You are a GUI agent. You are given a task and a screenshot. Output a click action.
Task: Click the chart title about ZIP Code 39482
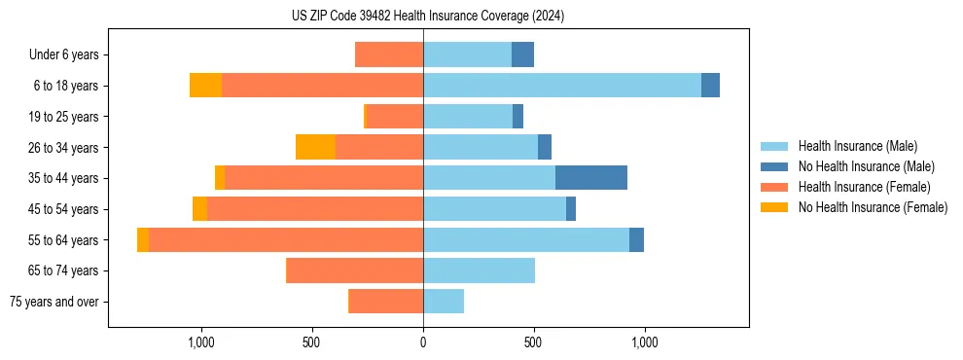tap(427, 17)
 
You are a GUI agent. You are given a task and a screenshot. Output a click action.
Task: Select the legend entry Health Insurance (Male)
tap(857, 146)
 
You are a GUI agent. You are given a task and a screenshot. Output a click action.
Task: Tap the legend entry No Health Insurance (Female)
tap(873, 207)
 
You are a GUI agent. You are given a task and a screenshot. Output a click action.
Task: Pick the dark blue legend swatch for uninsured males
tap(774, 166)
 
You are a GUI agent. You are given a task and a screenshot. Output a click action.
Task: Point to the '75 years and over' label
tap(54, 302)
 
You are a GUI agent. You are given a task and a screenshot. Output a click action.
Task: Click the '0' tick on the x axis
tap(423, 342)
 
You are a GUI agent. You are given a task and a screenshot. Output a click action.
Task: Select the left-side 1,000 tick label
tap(201, 342)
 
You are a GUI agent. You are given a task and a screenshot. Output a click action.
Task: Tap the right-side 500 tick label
tap(533, 342)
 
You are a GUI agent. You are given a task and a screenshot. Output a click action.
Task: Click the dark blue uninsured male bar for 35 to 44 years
tap(591, 178)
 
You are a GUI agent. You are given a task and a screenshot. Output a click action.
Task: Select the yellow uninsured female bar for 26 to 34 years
tap(315, 147)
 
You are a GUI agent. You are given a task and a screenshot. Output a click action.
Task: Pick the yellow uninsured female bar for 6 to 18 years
tap(205, 86)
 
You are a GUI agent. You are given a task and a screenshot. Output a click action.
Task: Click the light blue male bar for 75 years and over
tap(444, 302)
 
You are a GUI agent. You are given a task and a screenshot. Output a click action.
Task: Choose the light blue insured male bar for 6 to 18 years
tap(562, 86)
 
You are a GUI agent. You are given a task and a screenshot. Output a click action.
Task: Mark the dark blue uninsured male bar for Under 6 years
tap(522, 54)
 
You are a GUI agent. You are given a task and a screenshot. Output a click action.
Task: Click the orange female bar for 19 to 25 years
tap(394, 116)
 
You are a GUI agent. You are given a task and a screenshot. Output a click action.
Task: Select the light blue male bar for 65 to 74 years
tap(479, 270)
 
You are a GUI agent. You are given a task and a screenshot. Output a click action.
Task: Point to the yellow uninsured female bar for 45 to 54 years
tap(199, 209)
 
